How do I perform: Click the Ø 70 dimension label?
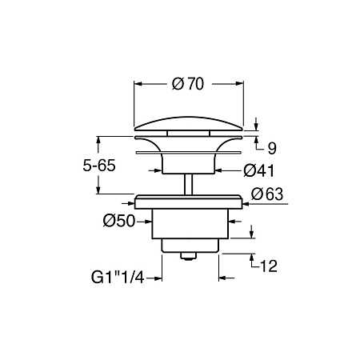tap(188, 84)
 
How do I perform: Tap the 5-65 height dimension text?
tap(99, 166)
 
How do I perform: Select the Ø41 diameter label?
tap(258, 170)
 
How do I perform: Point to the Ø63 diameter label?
tap(267, 194)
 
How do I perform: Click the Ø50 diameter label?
tap(119, 221)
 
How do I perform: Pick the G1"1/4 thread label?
tap(118, 278)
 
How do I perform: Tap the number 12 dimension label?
tap(268, 266)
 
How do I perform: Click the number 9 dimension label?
tap(272, 148)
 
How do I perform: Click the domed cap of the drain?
tap(189, 124)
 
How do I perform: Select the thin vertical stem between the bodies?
tap(189, 185)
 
